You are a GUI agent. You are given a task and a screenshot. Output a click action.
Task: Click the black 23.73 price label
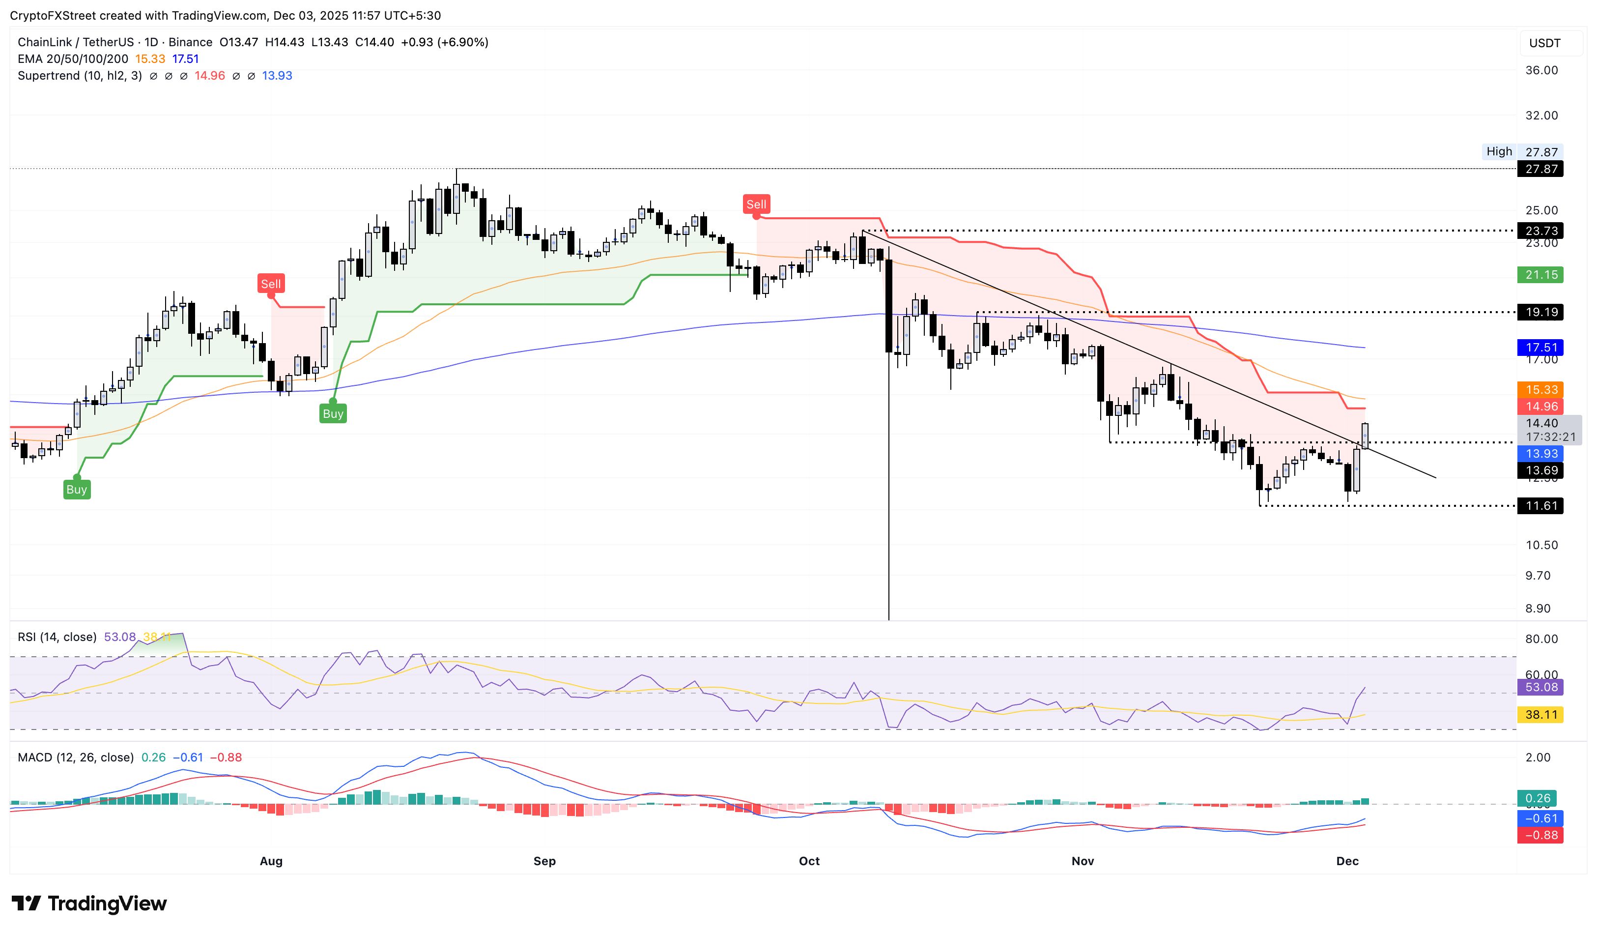point(1540,231)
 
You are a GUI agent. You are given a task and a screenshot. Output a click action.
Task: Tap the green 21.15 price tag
point(1540,274)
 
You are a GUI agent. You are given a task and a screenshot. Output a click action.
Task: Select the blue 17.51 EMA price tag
point(1540,348)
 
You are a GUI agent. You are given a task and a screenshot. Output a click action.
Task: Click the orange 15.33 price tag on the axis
point(1540,389)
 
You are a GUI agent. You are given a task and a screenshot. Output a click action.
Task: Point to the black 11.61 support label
point(1540,506)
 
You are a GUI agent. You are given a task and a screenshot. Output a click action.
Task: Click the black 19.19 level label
point(1540,312)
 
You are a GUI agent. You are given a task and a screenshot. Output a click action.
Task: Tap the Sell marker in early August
point(271,284)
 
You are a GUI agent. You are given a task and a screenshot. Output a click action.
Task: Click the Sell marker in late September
point(756,204)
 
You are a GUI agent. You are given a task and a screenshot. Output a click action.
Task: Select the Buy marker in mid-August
point(333,414)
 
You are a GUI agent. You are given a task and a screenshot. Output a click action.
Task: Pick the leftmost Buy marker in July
point(77,489)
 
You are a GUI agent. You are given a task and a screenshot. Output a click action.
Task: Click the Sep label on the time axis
point(544,861)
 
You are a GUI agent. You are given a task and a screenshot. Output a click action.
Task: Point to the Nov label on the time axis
point(1083,861)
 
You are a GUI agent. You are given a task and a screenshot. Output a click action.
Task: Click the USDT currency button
point(1545,43)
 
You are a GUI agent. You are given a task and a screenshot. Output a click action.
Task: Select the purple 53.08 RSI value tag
point(1540,687)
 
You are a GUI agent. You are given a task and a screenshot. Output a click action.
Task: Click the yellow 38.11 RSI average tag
point(1540,715)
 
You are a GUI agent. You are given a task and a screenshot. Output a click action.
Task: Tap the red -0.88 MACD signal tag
point(1540,835)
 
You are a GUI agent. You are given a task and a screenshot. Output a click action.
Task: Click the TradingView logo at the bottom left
point(89,903)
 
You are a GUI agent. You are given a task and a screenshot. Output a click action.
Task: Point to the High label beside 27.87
point(1499,151)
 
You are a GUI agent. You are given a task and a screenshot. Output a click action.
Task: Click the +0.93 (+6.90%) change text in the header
point(444,42)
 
